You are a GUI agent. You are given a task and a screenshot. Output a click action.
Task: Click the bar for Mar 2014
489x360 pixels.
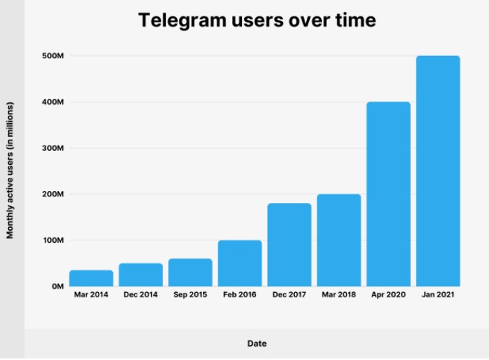click(x=91, y=278)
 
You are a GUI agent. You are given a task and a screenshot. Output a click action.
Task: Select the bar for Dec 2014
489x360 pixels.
click(x=140, y=274)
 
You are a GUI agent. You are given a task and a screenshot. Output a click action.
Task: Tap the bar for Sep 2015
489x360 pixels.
click(x=190, y=272)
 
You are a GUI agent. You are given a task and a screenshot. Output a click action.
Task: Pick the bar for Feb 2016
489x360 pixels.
click(x=240, y=263)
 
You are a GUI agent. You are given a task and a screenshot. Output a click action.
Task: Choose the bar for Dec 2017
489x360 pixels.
click(x=289, y=244)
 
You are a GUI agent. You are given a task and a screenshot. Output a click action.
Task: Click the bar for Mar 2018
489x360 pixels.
click(x=339, y=240)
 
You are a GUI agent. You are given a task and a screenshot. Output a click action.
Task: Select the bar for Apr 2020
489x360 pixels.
click(x=388, y=193)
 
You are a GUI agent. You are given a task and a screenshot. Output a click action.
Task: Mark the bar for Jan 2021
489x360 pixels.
click(x=437, y=171)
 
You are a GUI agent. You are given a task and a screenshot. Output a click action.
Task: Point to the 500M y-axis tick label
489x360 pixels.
click(x=54, y=56)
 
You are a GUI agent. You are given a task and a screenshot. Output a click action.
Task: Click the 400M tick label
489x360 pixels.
click(x=54, y=102)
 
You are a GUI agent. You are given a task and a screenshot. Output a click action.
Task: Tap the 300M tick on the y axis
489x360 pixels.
click(x=54, y=149)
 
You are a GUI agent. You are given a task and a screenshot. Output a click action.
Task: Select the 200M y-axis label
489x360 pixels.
click(x=54, y=194)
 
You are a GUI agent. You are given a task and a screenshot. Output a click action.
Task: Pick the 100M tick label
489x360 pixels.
click(x=54, y=240)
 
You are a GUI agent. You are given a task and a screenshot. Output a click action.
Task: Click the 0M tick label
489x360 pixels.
click(x=57, y=287)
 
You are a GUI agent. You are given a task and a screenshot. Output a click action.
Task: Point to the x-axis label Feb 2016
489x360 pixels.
click(x=240, y=296)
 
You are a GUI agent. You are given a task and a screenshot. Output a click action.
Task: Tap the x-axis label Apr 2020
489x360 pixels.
click(x=388, y=296)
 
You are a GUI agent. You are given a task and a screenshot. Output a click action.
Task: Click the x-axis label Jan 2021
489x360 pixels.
click(x=437, y=296)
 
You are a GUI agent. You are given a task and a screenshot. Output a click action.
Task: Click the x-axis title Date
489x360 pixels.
click(x=257, y=344)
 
